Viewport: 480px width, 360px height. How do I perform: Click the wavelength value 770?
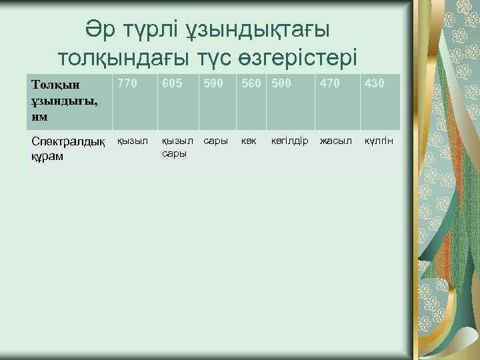tap(128, 84)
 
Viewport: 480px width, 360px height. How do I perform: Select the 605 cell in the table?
tap(171, 84)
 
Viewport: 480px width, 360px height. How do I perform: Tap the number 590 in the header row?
tap(213, 84)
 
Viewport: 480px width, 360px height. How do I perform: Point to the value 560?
tap(252, 84)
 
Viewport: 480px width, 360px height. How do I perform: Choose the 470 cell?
tap(329, 84)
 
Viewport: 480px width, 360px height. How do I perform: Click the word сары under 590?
tap(215, 142)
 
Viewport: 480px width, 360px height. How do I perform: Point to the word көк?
tap(249, 142)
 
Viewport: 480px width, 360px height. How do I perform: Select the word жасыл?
tap(335, 142)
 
